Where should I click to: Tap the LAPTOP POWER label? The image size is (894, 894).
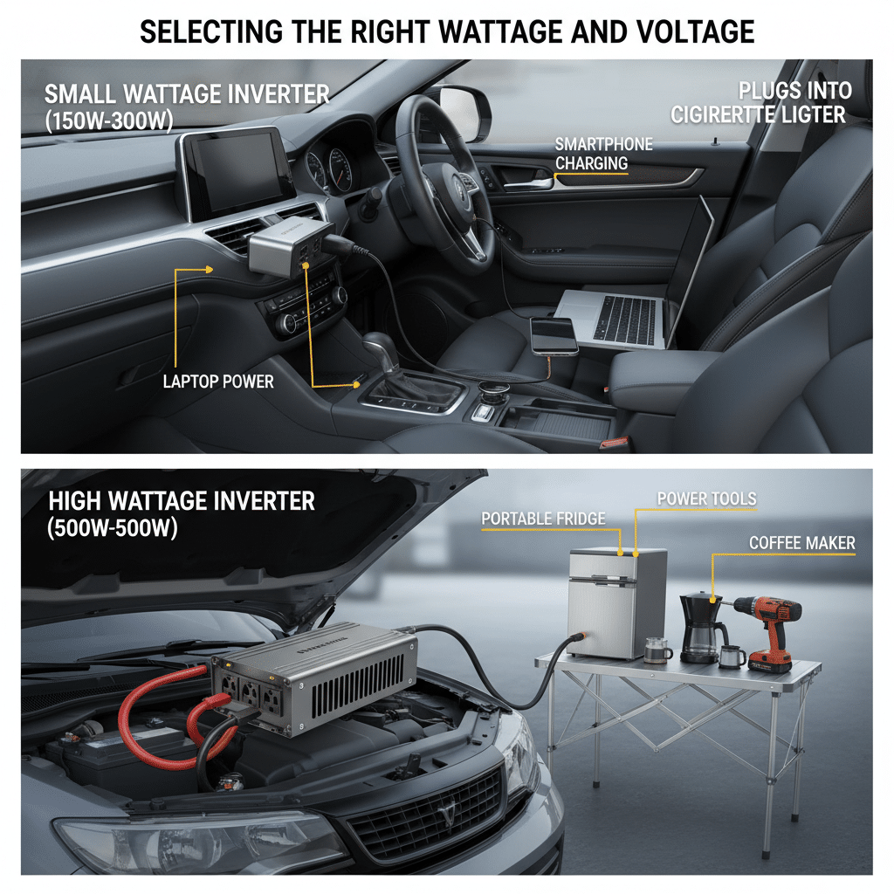218,382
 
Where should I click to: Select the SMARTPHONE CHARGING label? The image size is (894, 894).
604,154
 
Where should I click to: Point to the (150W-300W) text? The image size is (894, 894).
109,120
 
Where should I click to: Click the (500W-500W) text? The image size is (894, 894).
113,528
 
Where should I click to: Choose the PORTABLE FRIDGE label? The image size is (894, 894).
543,519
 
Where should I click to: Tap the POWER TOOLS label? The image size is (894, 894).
707,499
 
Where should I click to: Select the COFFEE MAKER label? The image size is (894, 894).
802,543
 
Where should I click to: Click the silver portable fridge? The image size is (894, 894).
617,602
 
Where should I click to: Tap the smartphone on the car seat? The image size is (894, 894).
553,336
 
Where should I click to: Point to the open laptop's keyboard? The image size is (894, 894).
625,320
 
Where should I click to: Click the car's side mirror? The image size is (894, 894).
464,113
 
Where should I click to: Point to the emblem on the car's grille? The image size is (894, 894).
447,809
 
